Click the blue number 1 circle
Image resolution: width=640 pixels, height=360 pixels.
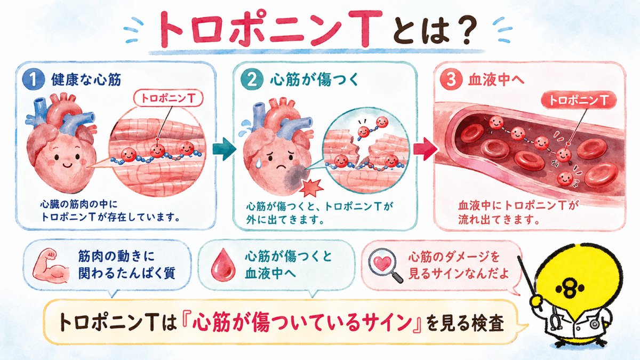(x=34, y=79)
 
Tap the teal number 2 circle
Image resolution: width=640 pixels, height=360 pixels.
(x=252, y=79)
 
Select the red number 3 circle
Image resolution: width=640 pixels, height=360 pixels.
(x=451, y=79)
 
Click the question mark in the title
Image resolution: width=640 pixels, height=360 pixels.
(x=465, y=30)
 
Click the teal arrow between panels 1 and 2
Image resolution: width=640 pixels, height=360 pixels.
(x=225, y=149)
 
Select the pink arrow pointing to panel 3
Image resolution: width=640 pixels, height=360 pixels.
(x=426, y=149)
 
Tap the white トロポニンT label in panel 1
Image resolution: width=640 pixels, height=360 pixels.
(x=169, y=99)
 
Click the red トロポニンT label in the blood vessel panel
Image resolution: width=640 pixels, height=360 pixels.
(x=579, y=101)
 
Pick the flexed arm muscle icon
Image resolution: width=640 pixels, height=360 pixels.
(x=51, y=266)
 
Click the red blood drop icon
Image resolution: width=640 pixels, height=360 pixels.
(x=223, y=265)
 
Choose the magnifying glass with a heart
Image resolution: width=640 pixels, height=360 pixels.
(x=386, y=266)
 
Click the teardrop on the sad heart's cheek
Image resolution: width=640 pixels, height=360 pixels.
(x=259, y=163)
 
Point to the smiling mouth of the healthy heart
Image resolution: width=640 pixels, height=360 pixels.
(x=67, y=165)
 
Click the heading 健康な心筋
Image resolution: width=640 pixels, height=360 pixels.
(x=86, y=79)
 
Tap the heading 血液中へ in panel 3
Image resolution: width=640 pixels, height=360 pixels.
(x=496, y=79)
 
